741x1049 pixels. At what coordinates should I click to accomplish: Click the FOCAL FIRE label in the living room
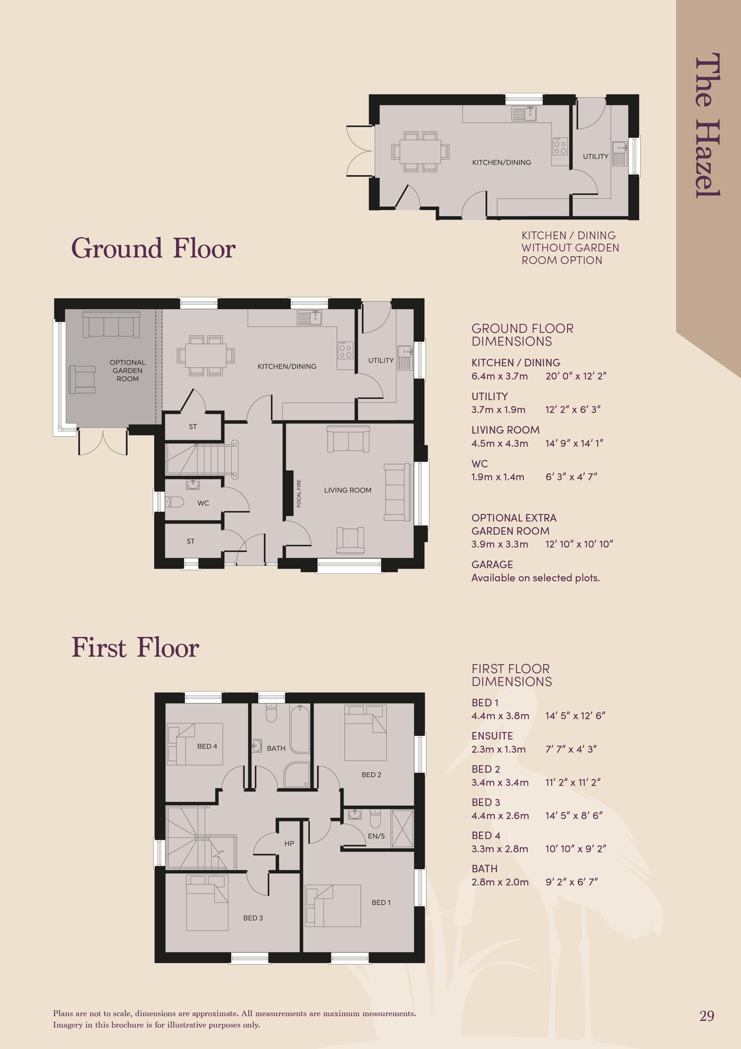(x=299, y=493)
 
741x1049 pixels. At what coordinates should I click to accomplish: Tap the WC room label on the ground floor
(x=203, y=503)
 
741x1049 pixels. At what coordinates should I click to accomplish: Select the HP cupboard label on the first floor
(x=289, y=843)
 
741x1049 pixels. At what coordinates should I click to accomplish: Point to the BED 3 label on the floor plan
(x=253, y=918)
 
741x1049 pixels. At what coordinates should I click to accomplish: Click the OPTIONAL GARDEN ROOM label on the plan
(x=127, y=370)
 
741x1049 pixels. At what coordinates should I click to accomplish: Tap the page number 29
(x=707, y=1016)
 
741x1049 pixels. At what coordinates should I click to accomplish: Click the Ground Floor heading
(x=153, y=248)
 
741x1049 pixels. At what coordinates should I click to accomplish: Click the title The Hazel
(x=707, y=125)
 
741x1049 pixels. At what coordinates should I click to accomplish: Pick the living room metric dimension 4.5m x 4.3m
(x=500, y=443)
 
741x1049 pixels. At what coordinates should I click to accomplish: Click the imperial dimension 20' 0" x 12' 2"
(x=576, y=376)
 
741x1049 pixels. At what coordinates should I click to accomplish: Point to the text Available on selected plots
(x=535, y=578)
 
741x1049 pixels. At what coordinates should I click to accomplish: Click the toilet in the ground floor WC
(x=174, y=502)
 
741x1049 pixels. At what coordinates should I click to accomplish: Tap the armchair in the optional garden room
(x=82, y=379)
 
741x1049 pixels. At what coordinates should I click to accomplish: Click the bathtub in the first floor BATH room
(x=300, y=728)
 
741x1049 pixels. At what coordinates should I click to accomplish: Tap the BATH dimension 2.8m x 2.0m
(x=500, y=882)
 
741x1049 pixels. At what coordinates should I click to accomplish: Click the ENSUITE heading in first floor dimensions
(x=492, y=736)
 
